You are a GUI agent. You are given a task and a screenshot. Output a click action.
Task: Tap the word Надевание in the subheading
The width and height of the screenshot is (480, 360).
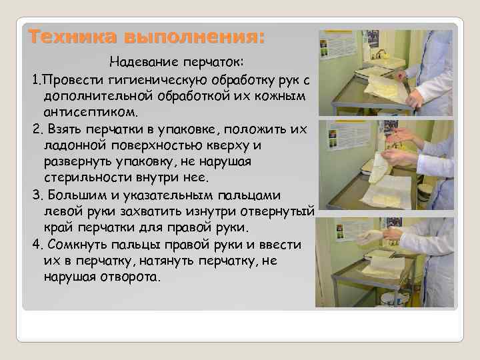(x=143, y=62)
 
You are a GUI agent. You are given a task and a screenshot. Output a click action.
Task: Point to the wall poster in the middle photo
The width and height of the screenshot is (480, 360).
(x=330, y=143)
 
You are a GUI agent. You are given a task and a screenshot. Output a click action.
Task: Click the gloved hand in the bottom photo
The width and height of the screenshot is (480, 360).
(x=369, y=235)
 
